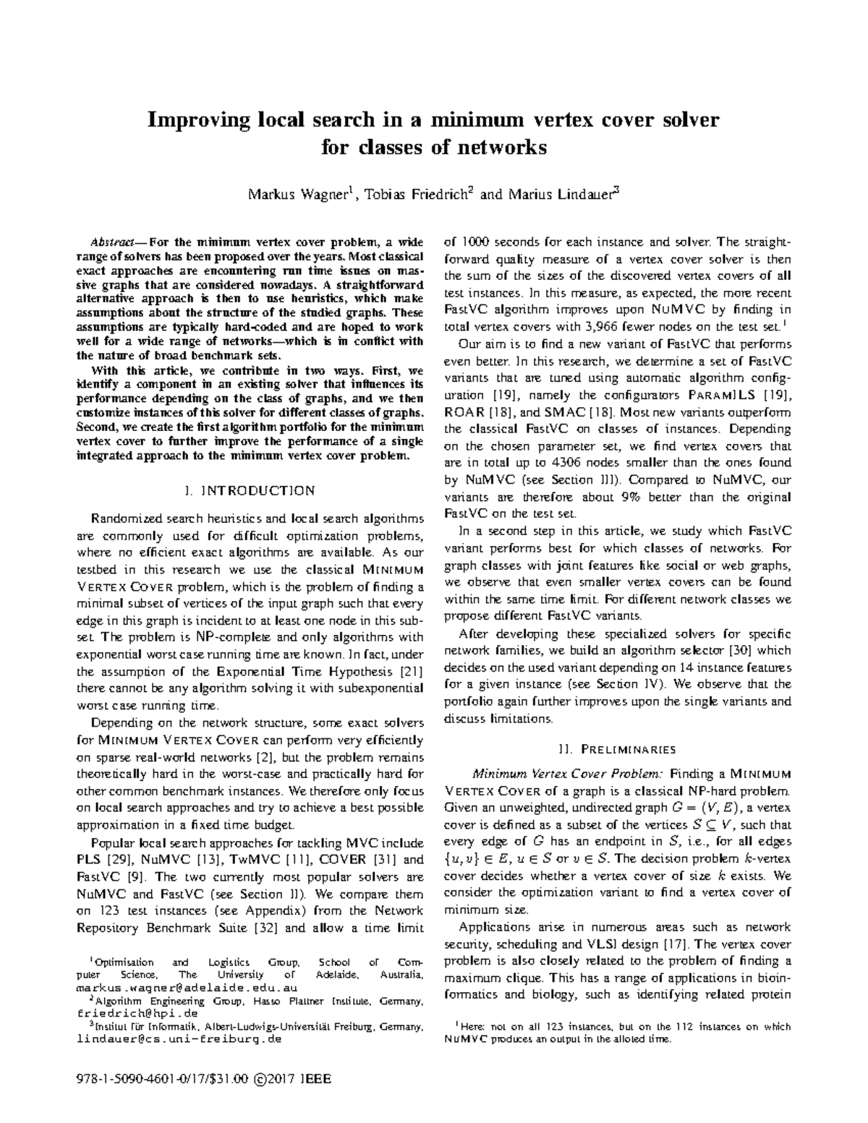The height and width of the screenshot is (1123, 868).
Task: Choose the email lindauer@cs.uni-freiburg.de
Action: pyautogui.click(x=178, y=1039)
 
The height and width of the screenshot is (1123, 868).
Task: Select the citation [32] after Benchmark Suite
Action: pyautogui.click(x=260, y=928)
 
